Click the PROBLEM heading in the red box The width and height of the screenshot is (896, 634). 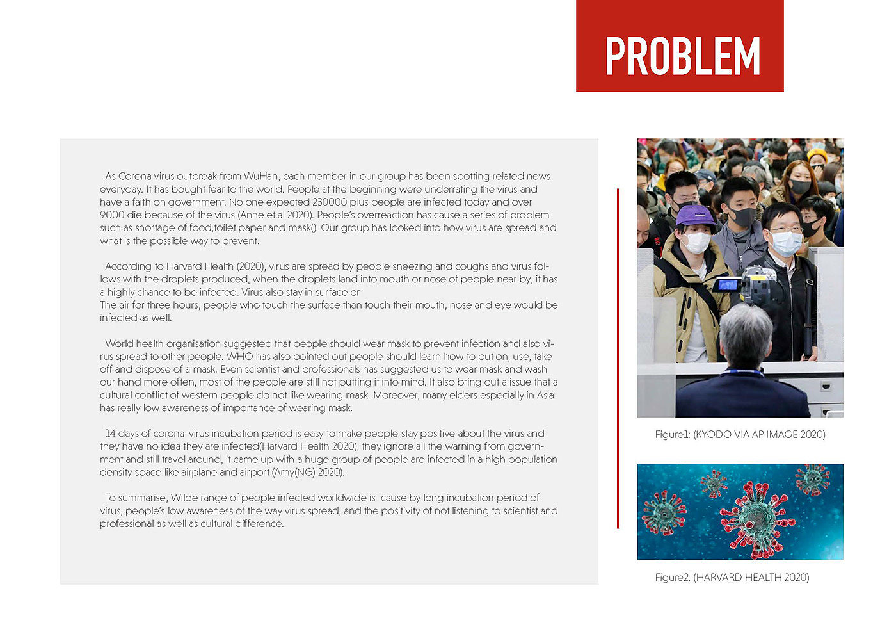point(682,56)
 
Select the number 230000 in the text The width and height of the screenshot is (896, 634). point(330,202)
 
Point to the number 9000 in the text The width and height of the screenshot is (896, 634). point(112,215)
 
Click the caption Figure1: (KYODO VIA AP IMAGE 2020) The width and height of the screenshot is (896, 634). point(740,434)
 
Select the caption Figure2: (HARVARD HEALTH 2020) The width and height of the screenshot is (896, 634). point(732,577)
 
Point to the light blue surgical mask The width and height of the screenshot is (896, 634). point(786,243)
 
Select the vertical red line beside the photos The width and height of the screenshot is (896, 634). point(618,359)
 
